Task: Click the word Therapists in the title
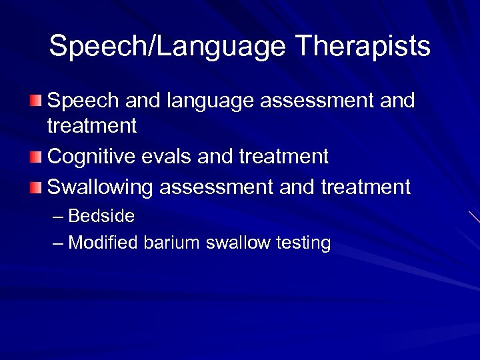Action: pyautogui.click(x=363, y=47)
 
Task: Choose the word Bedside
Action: pyautogui.click(x=101, y=216)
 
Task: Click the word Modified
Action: pyautogui.click(x=103, y=243)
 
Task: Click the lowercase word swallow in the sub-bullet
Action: pyautogui.click(x=235, y=243)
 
